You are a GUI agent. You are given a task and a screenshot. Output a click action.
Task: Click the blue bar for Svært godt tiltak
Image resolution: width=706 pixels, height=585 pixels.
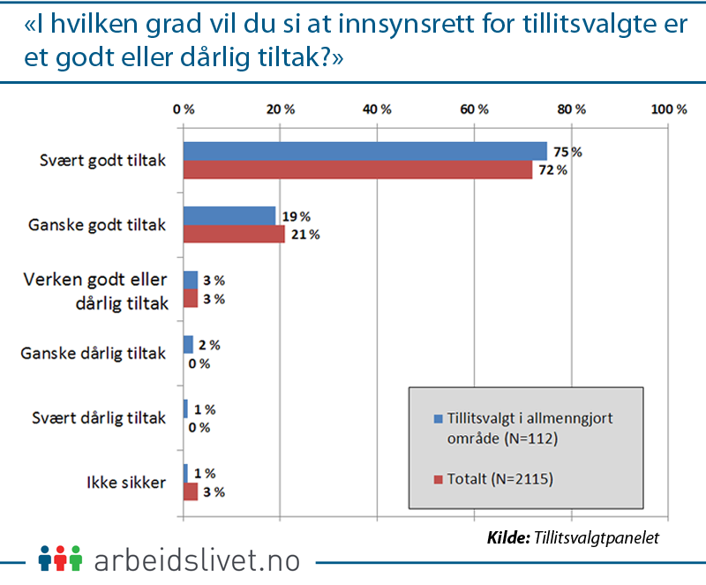pyautogui.click(x=364, y=151)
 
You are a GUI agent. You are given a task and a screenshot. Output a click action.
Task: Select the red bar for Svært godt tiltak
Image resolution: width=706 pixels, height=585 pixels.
pyautogui.click(x=357, y=169)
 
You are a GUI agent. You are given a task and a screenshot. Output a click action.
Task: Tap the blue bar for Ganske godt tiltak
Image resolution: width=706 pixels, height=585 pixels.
pyautogui.click(x=229, y=215)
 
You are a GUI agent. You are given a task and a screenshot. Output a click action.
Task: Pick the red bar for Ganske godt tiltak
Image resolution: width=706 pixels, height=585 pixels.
pyautogui.click(x=234, y=234)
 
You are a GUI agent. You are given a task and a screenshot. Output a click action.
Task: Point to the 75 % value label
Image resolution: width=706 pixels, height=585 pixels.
pyautogui.click(x=568, y=152)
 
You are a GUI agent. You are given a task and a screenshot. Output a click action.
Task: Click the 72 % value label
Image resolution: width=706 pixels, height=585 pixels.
pyautogui.click(x=553, y=170)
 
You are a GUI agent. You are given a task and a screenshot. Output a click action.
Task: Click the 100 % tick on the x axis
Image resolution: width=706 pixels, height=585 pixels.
pyautogui.click(x=668, y=109)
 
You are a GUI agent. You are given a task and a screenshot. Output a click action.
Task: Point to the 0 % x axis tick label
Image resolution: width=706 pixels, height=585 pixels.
pyautogui.click(x=184, y=109)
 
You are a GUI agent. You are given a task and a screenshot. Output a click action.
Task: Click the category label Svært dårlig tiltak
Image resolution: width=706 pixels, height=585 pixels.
pyautogui.click(x=105, y=419)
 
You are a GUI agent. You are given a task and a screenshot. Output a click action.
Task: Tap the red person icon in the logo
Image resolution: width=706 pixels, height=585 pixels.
pyautogui.click(x=60, y=559)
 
